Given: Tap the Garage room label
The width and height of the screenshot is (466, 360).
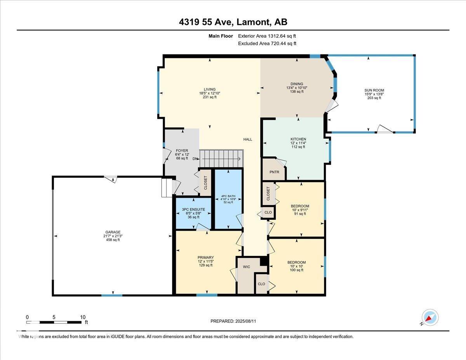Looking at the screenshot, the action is [x=113, y=232].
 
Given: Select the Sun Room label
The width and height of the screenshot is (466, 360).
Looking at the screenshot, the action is [x=374, y=90].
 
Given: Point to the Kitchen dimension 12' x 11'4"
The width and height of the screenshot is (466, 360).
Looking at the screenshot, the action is [x=298, y=143].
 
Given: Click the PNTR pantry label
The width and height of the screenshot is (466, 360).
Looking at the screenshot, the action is [x=274, y=172].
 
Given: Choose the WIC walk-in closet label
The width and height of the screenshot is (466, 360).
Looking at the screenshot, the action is [x=247, y=267].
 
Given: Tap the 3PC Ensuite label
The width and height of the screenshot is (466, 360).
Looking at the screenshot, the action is [x=193, y=209].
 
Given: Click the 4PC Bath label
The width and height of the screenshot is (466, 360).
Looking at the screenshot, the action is [x=228, y=196].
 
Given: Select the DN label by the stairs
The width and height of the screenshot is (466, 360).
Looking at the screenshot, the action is [x=195, y=159].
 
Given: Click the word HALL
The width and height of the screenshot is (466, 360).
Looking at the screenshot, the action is [x=248, y=139].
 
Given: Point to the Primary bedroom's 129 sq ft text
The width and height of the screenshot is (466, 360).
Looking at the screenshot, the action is [x=206, y=265].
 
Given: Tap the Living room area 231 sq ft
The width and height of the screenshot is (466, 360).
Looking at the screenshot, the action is [x=210, y=97].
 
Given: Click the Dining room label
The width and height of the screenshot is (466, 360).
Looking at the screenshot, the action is [x=297, y=84].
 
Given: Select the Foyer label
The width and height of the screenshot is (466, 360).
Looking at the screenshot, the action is [x=182, y=151].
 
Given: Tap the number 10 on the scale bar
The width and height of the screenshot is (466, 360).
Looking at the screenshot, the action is [x=83, y=317].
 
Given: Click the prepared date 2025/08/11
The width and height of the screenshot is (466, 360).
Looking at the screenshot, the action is [x=245, y=321].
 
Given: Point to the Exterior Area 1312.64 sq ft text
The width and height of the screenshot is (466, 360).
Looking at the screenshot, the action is [x=267, y=36].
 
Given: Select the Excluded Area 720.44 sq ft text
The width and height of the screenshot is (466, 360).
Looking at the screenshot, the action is [x=267, y=43].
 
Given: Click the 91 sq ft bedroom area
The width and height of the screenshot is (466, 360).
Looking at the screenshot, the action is [x=300, y=214].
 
